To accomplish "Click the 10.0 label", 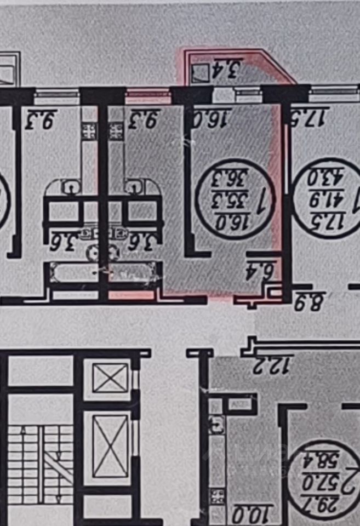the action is (x=247, y=514).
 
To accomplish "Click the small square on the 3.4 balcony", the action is (x=201, y=72).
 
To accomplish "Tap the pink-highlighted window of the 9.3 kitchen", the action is (x=148, y=97).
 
